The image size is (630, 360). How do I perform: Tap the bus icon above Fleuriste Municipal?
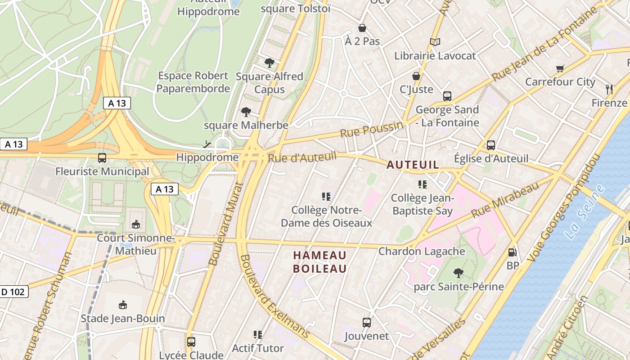(102, 158)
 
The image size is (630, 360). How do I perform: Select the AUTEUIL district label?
(413, 165)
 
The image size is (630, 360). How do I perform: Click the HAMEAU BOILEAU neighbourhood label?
(320, 262)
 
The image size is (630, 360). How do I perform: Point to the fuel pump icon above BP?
(512, 252)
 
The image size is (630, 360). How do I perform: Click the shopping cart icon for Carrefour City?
(560, 69)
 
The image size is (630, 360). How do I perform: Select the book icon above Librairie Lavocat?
(435, 42)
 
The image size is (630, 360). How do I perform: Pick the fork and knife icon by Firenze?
(609, 89)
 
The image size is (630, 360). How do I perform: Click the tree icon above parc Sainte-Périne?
(459, 273)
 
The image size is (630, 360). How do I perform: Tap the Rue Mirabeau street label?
(505, 200)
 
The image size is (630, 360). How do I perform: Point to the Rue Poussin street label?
(371, 130)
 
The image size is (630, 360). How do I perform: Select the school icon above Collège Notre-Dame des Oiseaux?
(326, 196)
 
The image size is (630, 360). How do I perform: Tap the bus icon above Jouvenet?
(367, 322)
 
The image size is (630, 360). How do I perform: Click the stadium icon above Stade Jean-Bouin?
(122, 305)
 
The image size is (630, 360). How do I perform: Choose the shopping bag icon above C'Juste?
(416, 76)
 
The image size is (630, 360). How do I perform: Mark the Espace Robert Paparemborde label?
(193, 82)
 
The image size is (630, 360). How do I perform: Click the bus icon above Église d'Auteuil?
(490, 145)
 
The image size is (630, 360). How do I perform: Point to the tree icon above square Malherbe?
(246, 112)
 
